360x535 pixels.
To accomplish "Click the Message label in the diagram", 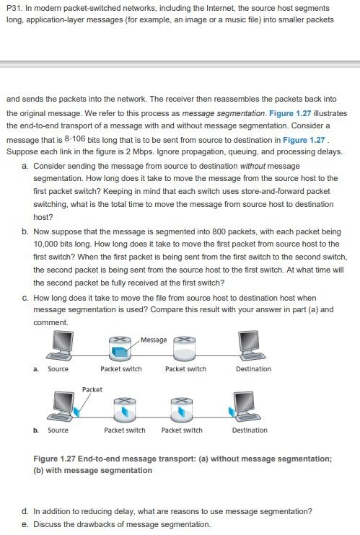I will pos(154,340).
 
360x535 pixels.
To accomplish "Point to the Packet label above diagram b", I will pos(92,389).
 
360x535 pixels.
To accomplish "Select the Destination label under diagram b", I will pos(250,430).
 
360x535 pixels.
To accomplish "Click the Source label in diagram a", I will pos(58,369).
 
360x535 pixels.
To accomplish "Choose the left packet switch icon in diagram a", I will pos(120,349).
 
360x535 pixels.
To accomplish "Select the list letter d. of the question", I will pos(26,511).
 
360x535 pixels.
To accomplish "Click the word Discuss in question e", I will pos(48,524).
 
